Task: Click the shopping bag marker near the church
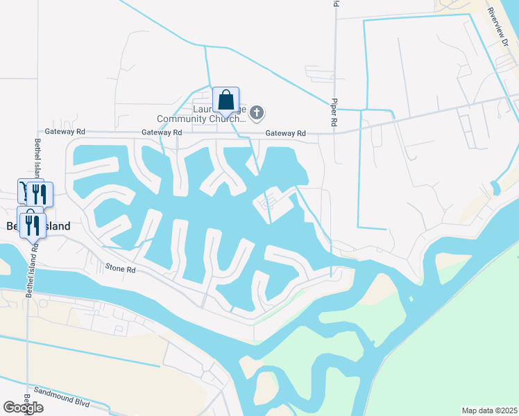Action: pos(226,101)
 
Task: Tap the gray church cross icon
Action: pos(257,112)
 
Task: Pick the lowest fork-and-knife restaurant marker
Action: pos(31,225)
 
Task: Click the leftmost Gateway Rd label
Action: pos(65,131)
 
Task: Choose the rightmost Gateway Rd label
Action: pos(285,133)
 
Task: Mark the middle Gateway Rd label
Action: pos(161,132)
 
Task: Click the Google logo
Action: pos(24,407)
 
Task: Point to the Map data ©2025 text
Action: pos(489,410)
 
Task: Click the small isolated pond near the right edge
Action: pos(494,187)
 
